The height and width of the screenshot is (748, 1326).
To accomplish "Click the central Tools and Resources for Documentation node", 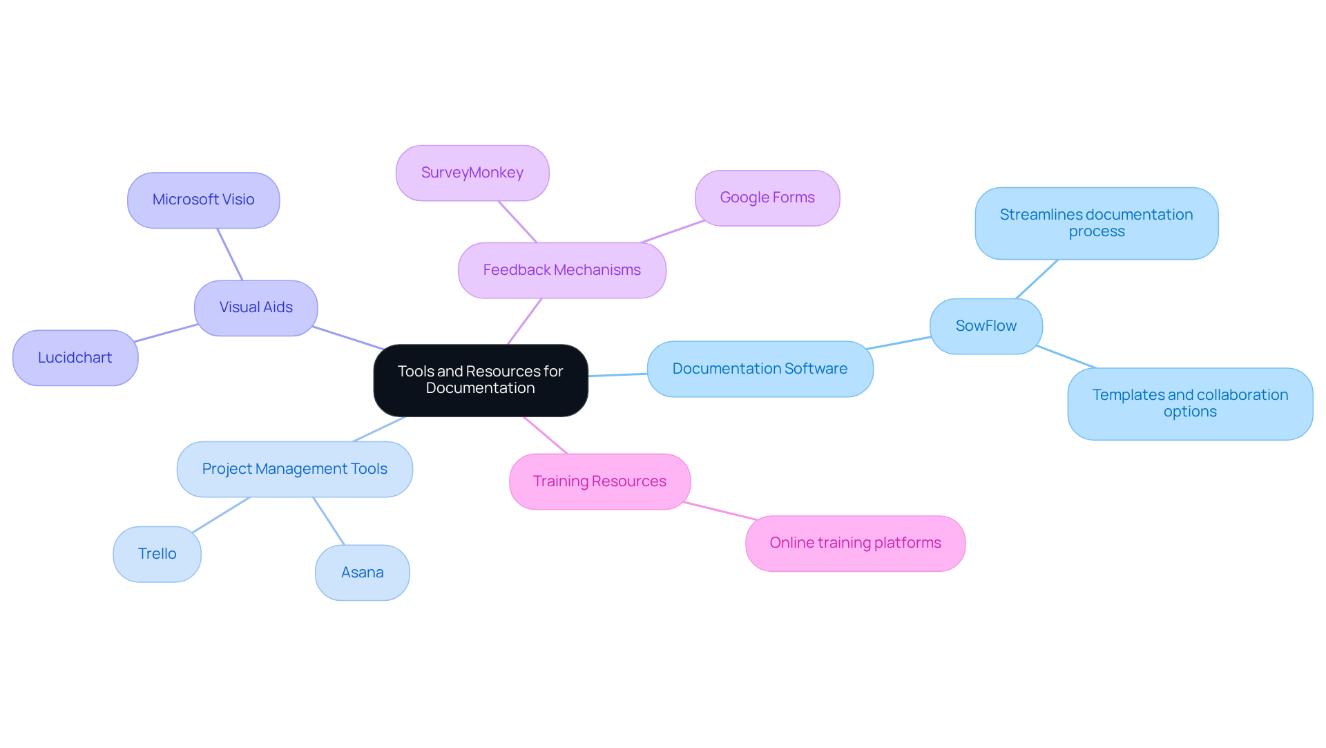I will tap(481, 380).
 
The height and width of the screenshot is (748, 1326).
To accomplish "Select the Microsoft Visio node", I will tap(204, 200).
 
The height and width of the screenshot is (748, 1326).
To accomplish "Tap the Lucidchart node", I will tap(75, 358).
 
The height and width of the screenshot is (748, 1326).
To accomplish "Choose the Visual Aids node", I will tap(256, 307).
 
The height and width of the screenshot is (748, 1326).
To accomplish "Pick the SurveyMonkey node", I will tap(472, 173).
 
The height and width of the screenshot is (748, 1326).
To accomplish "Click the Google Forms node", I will tap(767, 198).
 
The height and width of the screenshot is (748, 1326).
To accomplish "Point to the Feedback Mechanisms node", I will tap(562, 270).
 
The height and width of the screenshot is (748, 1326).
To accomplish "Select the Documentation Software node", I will tap(760, 369).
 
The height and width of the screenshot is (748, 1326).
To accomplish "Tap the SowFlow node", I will tap(986, 326).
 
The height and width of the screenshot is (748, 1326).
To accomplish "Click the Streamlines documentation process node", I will tap(1097, 223).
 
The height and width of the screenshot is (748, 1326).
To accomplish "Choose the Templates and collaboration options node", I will tap(1190, 403).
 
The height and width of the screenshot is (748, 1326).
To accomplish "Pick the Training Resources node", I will tap(599, 481).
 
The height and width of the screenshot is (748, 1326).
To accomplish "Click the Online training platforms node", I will tap(855, 543).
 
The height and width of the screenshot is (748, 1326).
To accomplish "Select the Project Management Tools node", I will tap(295, 469).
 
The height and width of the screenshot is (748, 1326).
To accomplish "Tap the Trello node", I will tap(157, 554).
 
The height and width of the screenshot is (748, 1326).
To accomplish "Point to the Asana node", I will tap(363, 573).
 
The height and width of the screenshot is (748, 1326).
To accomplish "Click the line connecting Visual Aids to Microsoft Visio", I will tap(230, 254).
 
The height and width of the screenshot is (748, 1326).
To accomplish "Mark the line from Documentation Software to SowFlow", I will tap(899, 343).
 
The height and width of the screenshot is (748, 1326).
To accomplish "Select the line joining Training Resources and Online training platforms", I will tap(720, 511).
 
